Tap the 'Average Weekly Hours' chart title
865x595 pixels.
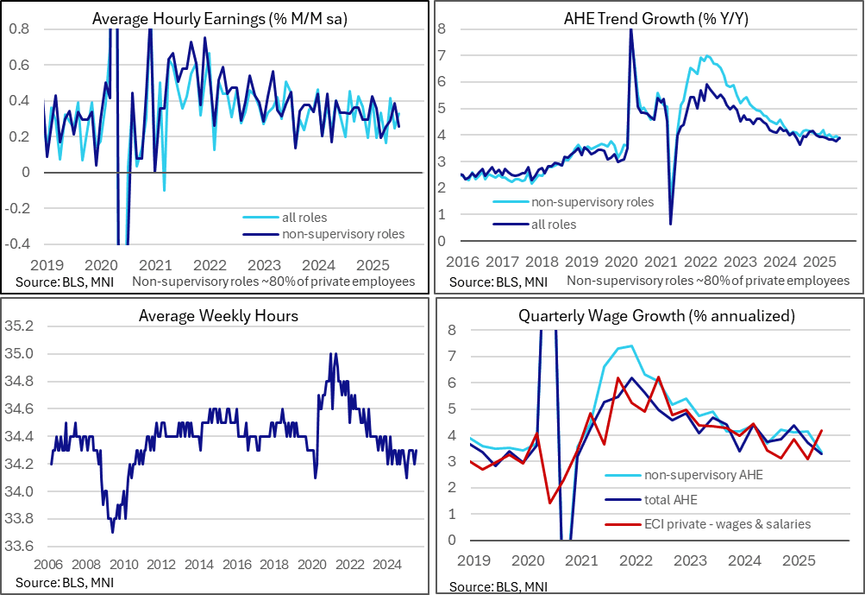point(218,315)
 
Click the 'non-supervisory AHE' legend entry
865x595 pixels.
point(704,475)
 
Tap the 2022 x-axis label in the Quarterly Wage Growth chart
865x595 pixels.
point(636,560)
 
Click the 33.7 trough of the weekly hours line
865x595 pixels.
point(113,532)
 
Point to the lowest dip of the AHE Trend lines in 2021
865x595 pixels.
point(670,225)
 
